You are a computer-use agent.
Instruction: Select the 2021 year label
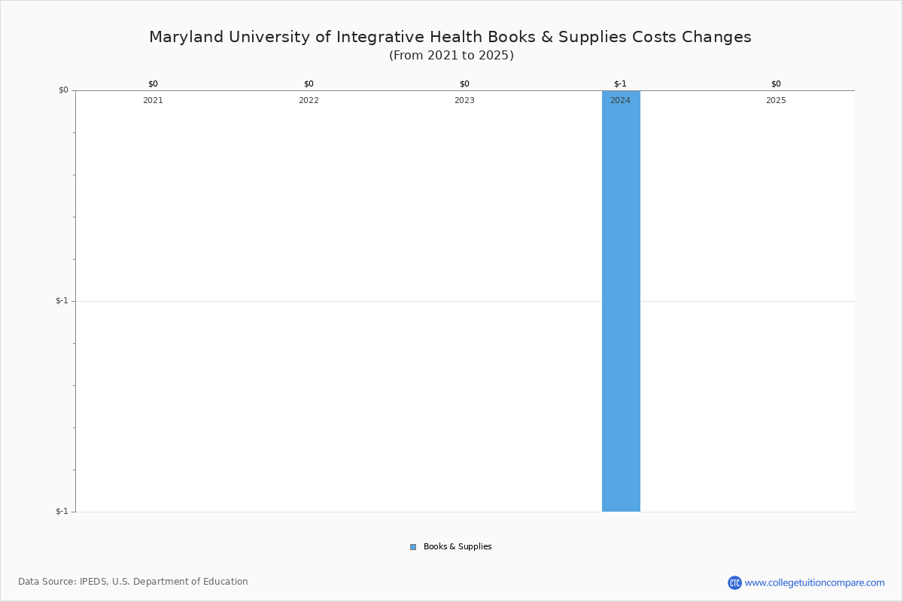pos(153,101)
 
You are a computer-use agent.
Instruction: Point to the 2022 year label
pos(309,101)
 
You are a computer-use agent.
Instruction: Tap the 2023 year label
pos(464,101)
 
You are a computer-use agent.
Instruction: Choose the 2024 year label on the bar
pos(620,101)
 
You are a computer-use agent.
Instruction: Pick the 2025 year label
pos(776,101)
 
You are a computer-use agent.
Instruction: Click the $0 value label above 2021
pos(153,84)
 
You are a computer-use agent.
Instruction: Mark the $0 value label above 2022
pos(309,84)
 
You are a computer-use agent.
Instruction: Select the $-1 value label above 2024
pos(620,84)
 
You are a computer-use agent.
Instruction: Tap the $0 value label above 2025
pos(776,84)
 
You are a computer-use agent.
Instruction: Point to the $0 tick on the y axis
pos(63,90)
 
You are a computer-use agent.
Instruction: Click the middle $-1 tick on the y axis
pos(62,301)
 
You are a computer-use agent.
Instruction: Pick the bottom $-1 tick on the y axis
pos(62,512)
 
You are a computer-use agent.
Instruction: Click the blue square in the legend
pos(413,547)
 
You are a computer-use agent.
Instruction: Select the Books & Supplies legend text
pos(458,547)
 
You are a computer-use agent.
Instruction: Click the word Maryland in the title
pos(181,37)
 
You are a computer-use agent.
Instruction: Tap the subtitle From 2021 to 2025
pos(451,56)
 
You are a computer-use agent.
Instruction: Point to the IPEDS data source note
pos(133,582)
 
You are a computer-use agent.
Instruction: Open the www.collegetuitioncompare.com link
pos(814,582)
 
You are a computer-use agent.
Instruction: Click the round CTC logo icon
pos(734,582)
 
